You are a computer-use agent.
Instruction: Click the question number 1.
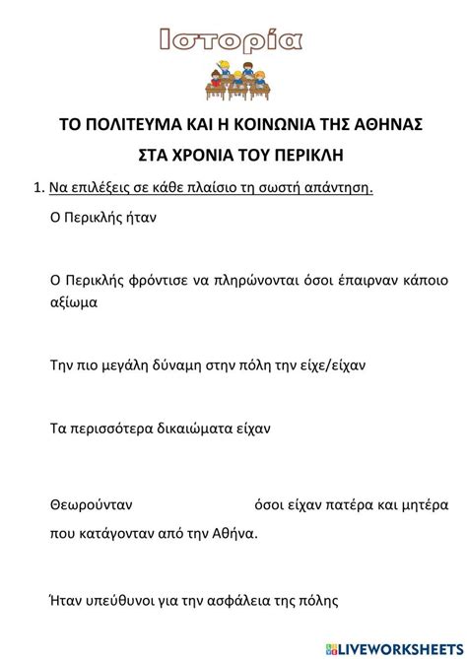37,187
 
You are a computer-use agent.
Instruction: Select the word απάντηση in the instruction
342,187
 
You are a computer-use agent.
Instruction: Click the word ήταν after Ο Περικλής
139,217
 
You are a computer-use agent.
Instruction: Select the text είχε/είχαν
331,364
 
